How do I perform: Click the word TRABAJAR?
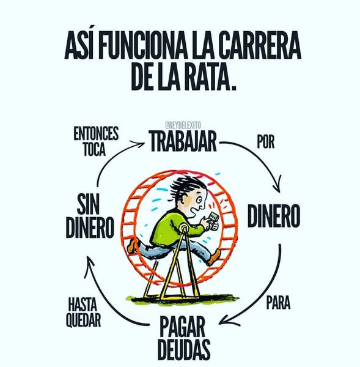click(x=183, y=141)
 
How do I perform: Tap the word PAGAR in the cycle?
click(x=182, y=327)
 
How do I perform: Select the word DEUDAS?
click(x=184, y=349)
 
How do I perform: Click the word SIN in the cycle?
click(x=88, y=205)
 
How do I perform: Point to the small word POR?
click(x=266, y=142)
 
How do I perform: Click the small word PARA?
click(x=279, y=303)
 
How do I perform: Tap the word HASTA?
click(x=83, y=303)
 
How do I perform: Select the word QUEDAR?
click(x=83, y=319)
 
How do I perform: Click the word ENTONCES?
click(x=96, y=133)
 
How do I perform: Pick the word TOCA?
click(x=95, y=149)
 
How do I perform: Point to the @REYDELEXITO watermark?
click(x=183, y=125)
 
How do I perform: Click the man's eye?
click(x=199, y=199)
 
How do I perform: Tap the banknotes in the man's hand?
click(x=213, y=219)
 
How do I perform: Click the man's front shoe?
click(x=215, y=258)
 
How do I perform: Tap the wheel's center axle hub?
click(x=184, y=227)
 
